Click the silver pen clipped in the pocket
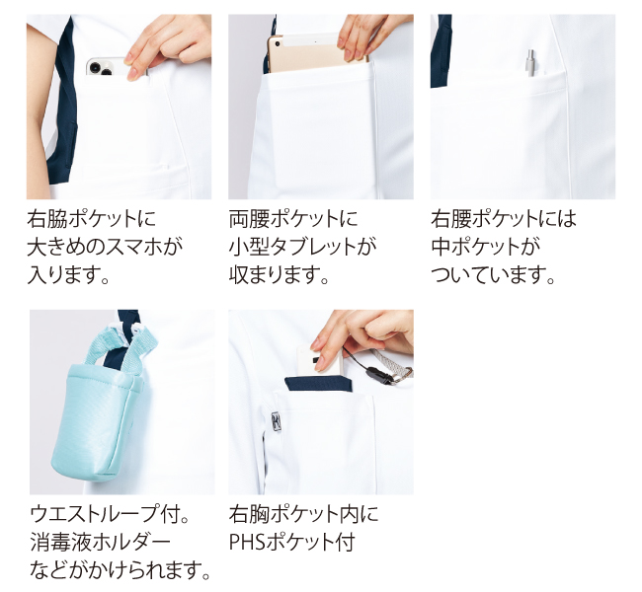click(x=530, y=62)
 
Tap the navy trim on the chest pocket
click(x=319, y=384)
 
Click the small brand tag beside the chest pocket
click(x=276, y=422)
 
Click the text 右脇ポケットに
click(x=92, y=218)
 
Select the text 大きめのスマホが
click(x=105, y=247)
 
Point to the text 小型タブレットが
click(x=303, y=247)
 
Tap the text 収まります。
click(x=280, y=274)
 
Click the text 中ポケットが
click(x=486, y=247)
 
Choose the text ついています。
click(x=493, y=274)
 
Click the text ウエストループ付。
click(x=110, y=514)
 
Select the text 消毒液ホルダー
click(x=100, y=542)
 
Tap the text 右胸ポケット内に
click(x=304, y=514)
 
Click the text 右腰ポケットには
click(x=504, y=218)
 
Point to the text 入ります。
click(x=68, y=274)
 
